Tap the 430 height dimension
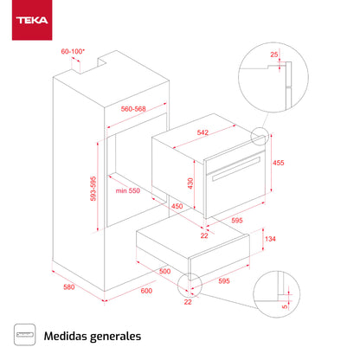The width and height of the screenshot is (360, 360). pos(190,183)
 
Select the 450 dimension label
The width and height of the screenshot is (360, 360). pos(176,207)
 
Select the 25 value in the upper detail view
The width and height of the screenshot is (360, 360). pos(274,55)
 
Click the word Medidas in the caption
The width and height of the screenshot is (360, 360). pos(68,334)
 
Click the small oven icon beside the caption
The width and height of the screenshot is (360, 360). pos(28,334)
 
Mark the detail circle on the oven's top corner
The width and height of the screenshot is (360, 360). pos(260,137)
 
